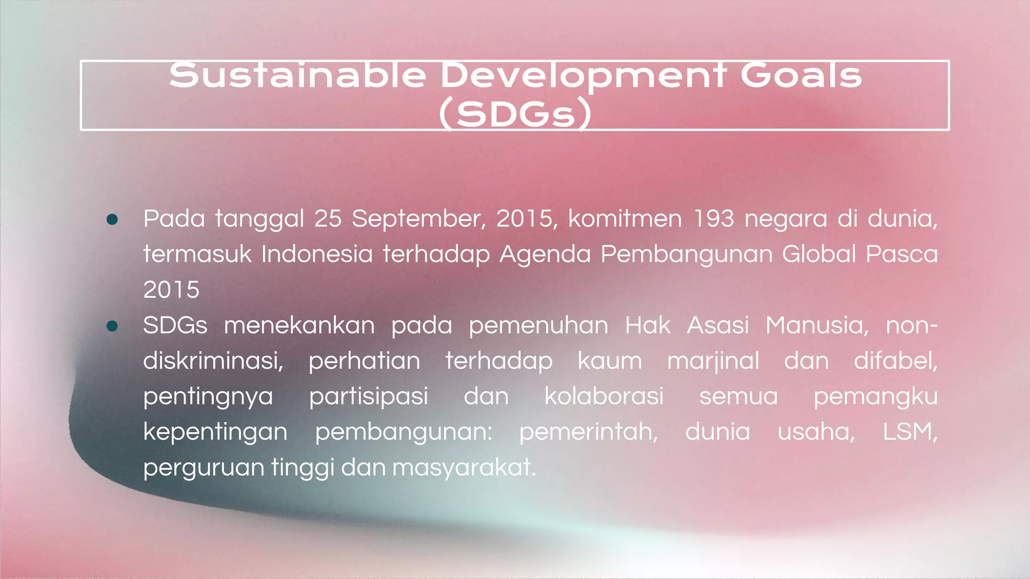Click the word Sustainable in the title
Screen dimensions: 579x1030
pyautogui.click(x=297, y=76)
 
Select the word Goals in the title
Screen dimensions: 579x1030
pyautogui.click(x=801, y=76)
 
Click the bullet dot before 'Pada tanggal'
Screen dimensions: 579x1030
pyautogui.click(x=112, y=219)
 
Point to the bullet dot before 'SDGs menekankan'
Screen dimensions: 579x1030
pyautogui.click(x=112, y=326)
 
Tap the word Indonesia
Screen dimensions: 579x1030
pyautogui.click(x=317, y=254)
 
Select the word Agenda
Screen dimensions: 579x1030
pyautogui.click(x=545, y=255)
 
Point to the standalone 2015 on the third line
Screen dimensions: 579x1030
pyautogui.click(x=171, y=290)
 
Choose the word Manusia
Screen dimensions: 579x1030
pyautogui.click(x=817, y=326)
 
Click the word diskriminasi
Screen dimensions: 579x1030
pyautogui.click(x=213, y=361)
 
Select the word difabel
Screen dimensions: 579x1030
pyautogui.click(x=895, y=361)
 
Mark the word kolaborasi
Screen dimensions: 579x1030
pyautogui.click(x=604, y=396)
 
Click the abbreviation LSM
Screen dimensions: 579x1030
pyautogui.click(x=909, y=432)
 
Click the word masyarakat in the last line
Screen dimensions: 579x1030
pyautogui.click(x=464, y=468)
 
